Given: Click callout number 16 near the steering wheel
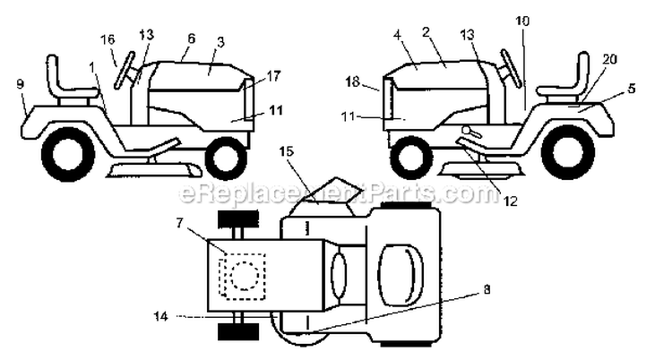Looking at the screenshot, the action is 108,40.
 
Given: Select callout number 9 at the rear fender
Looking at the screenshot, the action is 20,84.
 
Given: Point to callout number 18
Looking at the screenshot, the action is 353,81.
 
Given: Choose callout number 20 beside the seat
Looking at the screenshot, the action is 609,59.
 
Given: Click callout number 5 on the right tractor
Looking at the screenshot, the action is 631,89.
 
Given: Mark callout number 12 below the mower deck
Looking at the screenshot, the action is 510,201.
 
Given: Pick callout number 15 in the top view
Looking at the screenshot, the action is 287,151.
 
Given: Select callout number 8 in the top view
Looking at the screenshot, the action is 486,290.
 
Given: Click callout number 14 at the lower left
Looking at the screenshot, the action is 161,316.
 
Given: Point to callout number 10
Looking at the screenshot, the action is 522,21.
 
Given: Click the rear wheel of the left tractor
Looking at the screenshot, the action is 68,154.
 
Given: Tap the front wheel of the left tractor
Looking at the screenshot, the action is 226,158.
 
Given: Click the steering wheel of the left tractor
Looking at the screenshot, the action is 125,70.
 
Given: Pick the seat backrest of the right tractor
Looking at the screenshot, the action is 583,71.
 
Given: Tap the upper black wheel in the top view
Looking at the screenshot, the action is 238,219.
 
